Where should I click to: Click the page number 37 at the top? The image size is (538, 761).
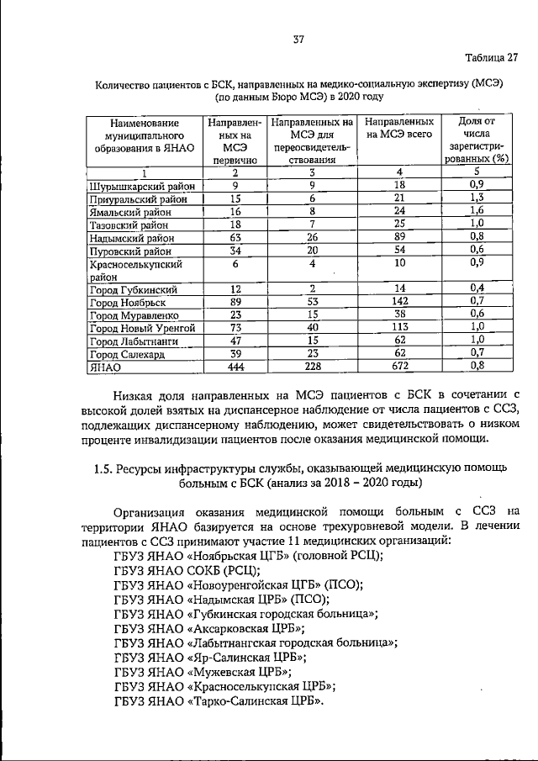tap(298, 40)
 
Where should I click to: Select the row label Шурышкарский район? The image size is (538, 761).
tap(142, 185)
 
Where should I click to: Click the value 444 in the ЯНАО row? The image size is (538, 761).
tap(235, 367)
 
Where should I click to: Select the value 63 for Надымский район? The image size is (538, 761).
tap(235, 238)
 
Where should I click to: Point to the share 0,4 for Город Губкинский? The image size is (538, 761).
tap(477, 288)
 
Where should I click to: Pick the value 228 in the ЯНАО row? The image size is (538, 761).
tap(312, 367)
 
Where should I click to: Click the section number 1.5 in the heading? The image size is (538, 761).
tap(105, 468)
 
